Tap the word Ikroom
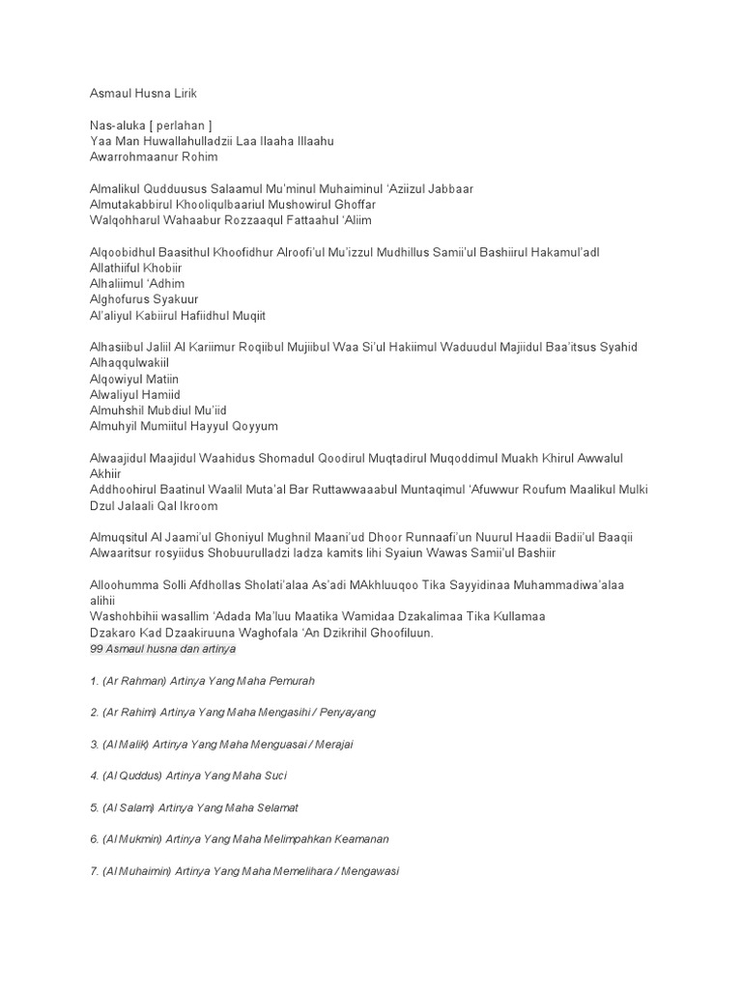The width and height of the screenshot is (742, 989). pos(197,506)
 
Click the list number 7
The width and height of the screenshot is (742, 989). pos(93,871)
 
